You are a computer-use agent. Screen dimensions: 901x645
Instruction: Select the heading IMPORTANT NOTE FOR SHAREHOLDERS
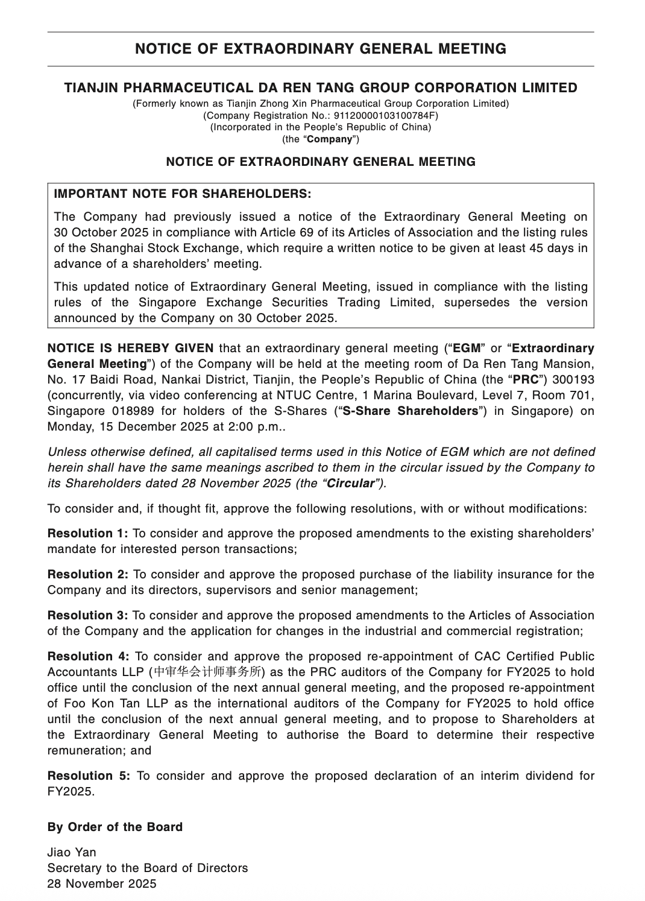click(183, 194)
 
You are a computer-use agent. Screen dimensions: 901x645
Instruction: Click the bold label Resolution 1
click(88, 533)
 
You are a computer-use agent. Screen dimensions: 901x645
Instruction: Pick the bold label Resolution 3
click(88, 615)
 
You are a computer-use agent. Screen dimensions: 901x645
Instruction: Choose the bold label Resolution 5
click(89, 776)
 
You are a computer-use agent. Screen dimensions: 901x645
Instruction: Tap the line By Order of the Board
click(115, 827)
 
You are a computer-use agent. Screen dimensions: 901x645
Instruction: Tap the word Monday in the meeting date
click(68, 426)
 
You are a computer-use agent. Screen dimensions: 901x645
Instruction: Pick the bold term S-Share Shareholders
click(410, 411)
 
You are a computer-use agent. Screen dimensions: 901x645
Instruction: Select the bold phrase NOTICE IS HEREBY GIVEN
click(130, 348)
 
